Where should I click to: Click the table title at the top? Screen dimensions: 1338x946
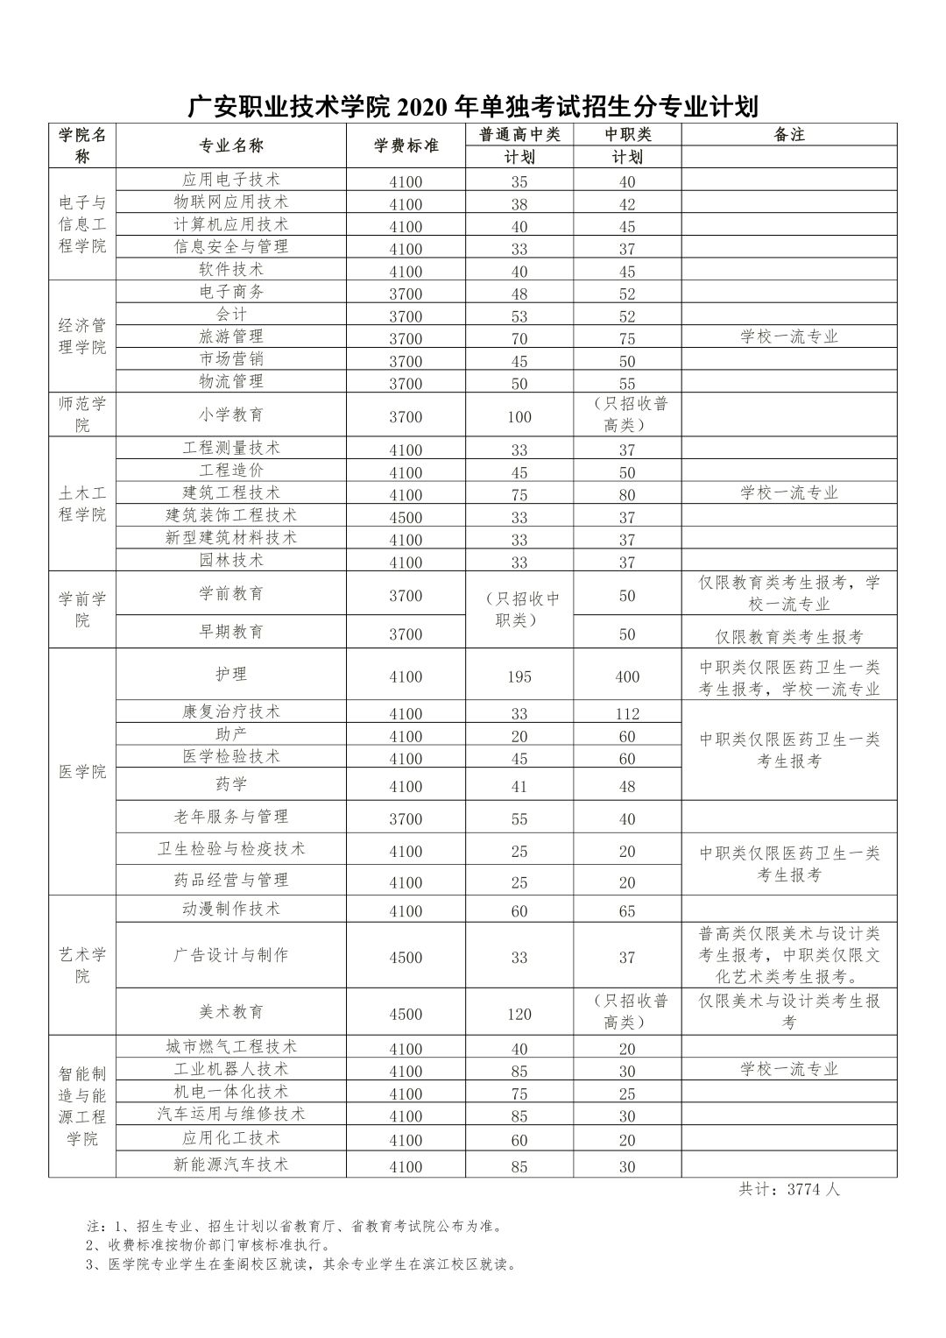click(473, 107)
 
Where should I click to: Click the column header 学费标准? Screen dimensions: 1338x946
click(406, 145)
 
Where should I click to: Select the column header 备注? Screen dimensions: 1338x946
click(789, 134)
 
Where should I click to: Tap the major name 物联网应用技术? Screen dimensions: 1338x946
click(231, 202)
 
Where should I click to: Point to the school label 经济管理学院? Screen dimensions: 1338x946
click(82, 336)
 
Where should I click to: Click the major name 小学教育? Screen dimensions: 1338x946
click(231, 415)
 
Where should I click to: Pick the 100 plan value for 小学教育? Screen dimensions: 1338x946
click(519, 417)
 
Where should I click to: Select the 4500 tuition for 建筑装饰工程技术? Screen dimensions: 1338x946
click(406, 517)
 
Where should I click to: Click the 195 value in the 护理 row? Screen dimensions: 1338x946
click(519, 676)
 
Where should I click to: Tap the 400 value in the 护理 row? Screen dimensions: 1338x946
click(627, 676)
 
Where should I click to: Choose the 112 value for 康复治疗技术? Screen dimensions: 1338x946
click(627, 714)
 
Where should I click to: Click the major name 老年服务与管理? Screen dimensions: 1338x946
click(231, 817)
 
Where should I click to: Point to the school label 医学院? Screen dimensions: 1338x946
click(82, 771)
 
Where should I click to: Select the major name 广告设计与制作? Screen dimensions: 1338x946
click(231, 955)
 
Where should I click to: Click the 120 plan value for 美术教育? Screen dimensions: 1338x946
click(519, 1014)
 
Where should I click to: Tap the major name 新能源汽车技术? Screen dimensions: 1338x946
click(231, 1165)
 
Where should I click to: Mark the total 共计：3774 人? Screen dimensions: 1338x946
click(789, 1190)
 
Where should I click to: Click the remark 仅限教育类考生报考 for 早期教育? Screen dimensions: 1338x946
click(789, 636)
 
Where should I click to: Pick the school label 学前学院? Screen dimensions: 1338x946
click(82, 610)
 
